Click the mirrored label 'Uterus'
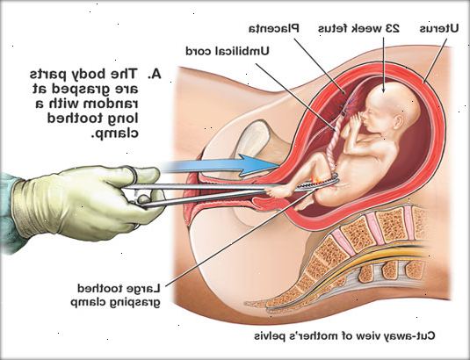click(x=439, y=29)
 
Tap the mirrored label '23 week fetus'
click(x=358, y=29)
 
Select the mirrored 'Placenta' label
click(x=274, y=28)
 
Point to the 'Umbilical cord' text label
click(x=228, y=51)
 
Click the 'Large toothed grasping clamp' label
click(x=118, y=295)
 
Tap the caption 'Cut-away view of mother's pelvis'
click(x=344, y=335)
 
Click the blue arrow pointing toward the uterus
click(x=221, y=165)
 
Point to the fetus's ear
click(x=398, y=120)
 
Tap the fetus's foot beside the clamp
click(x=278, y=191)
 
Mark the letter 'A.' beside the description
click(x=154, y=74)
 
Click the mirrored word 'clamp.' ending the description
click(x=115, y=133)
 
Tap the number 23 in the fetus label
click(x=392, y=29)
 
